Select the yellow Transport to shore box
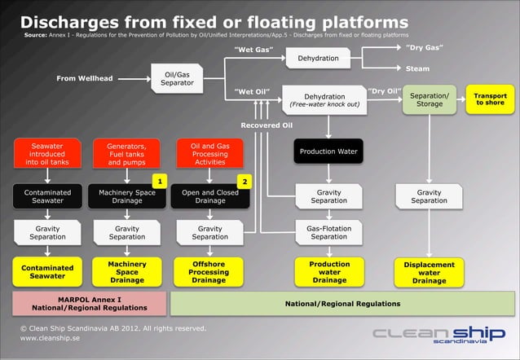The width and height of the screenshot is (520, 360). pos(490,99)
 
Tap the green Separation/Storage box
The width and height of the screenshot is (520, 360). pos(429,99)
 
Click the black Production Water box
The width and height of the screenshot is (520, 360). pos(328,151)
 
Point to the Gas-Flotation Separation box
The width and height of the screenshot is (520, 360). pos(328,233)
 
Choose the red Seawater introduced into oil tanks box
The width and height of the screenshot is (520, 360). pos(47,154)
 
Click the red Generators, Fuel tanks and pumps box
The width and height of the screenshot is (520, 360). pos(126,154)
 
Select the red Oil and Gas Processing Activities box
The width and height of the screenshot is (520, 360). pos(209,154)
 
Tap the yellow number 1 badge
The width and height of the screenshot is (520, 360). pos(161,180)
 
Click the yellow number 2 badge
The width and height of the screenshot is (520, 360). pos(243,180)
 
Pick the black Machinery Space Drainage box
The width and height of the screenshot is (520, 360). pos(126,196)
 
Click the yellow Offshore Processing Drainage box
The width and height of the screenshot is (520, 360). pos(209,272)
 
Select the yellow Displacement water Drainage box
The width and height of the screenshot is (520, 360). pos(429,272)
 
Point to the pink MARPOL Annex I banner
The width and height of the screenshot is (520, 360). pos(90,304)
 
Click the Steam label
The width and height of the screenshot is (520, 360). pos(417,68)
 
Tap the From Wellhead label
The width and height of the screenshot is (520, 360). pos(84,78)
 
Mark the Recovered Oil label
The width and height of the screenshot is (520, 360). pos(266,125)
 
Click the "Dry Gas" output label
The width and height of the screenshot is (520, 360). pos(424,47)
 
